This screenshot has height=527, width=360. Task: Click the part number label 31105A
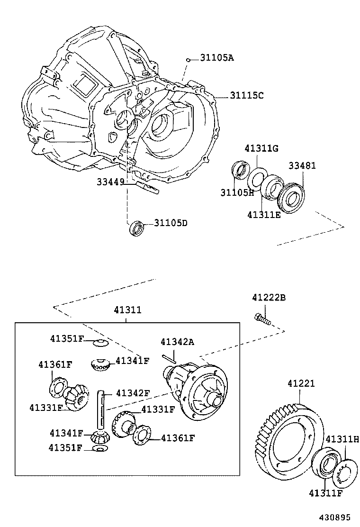[216, 58]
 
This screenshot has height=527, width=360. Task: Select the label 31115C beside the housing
[246, 95]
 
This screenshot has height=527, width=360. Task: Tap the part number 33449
[110, 182]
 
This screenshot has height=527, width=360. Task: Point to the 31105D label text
[170, 223]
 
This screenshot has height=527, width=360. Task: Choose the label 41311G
[261, 148]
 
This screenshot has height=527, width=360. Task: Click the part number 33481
[302, 165]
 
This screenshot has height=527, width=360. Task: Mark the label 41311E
[264, 215]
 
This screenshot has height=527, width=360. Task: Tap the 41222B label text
[269, 298]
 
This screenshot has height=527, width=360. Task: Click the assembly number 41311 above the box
[127, 310]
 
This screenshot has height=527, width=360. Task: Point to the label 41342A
[177, 342]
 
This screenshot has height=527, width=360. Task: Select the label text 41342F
[133, 393]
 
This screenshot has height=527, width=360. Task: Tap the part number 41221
[300, 383]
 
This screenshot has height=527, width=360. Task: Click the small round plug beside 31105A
[189, 60]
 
